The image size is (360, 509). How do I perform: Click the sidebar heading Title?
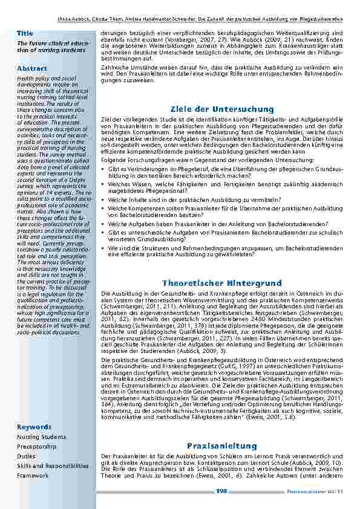coord(25,33)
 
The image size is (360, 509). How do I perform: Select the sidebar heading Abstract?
coord(31,68)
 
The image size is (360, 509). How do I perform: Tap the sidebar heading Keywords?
coord(34,427)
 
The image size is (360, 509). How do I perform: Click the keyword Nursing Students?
coord(41,436)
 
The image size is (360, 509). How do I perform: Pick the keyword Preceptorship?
coord(37,446)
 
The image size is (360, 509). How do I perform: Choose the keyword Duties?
coord(26,456)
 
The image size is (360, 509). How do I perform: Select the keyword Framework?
coord(33,476)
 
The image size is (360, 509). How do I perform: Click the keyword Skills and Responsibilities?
coord(53,466)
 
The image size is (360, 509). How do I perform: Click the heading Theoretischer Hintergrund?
coord(222,283)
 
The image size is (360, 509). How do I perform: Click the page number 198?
coord(221,491)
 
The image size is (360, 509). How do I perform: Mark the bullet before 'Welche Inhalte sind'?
coord(103,197)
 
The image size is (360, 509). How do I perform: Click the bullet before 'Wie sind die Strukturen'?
coord(103,248)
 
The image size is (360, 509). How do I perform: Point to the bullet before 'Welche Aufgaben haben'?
coord(103,222)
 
